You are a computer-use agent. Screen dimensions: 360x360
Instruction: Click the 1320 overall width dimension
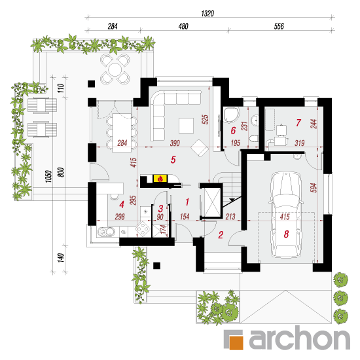207,14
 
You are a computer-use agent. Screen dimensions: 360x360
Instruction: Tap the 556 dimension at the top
279,26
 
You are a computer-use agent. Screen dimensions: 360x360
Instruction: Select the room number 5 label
173,160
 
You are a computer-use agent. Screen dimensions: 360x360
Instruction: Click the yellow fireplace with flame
160,179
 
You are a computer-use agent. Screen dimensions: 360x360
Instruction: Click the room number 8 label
286,234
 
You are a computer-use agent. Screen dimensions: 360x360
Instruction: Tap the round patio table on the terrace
115,69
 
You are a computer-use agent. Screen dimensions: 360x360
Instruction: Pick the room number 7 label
298,122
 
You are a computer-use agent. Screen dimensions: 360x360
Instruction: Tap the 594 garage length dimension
314,188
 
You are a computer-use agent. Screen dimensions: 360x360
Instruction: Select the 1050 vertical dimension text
48,176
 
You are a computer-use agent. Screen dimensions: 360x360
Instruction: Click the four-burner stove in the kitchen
143,228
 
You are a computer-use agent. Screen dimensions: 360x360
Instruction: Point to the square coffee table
186,126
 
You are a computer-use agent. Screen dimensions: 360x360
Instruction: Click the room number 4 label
122,205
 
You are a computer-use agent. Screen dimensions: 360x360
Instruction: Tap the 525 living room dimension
205,120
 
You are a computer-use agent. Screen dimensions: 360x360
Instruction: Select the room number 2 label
221,235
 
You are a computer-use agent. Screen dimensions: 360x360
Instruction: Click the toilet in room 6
254,139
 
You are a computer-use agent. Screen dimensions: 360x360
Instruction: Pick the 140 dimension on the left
60,258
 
